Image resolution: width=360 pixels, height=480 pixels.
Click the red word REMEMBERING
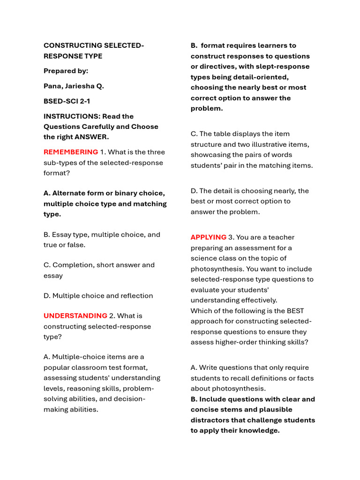point(71,152)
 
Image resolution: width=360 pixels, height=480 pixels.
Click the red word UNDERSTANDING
point(75,315)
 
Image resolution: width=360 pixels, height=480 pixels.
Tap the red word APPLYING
point(208,237)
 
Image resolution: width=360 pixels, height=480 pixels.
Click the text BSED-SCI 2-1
point(67,101)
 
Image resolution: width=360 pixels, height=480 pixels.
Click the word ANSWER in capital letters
point(91,137)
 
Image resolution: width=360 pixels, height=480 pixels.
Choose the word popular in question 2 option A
point(57,367)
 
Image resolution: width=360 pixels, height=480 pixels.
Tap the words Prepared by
point(66,71)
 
